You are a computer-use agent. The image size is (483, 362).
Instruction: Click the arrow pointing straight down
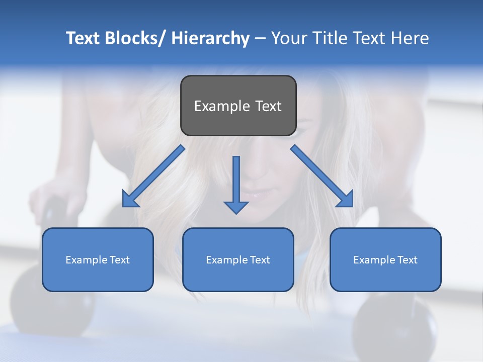pyautogui.click(x=236, y=181)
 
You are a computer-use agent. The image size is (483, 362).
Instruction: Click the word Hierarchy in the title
pyautogui.click(x=210, y=38)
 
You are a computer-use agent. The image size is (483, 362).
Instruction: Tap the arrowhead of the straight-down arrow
pyautogui.click(x=236, y=207)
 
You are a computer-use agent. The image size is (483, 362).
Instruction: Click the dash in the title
pyautogui.click(x=260, y=38)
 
